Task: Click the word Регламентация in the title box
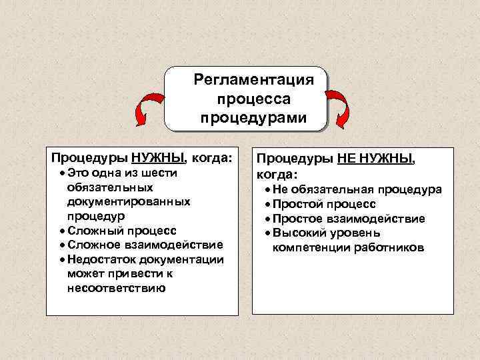(253, 81)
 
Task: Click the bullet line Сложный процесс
(122, 231)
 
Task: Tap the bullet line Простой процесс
(324, 204)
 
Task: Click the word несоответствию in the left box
(117, 289)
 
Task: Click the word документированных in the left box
(129, 201)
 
